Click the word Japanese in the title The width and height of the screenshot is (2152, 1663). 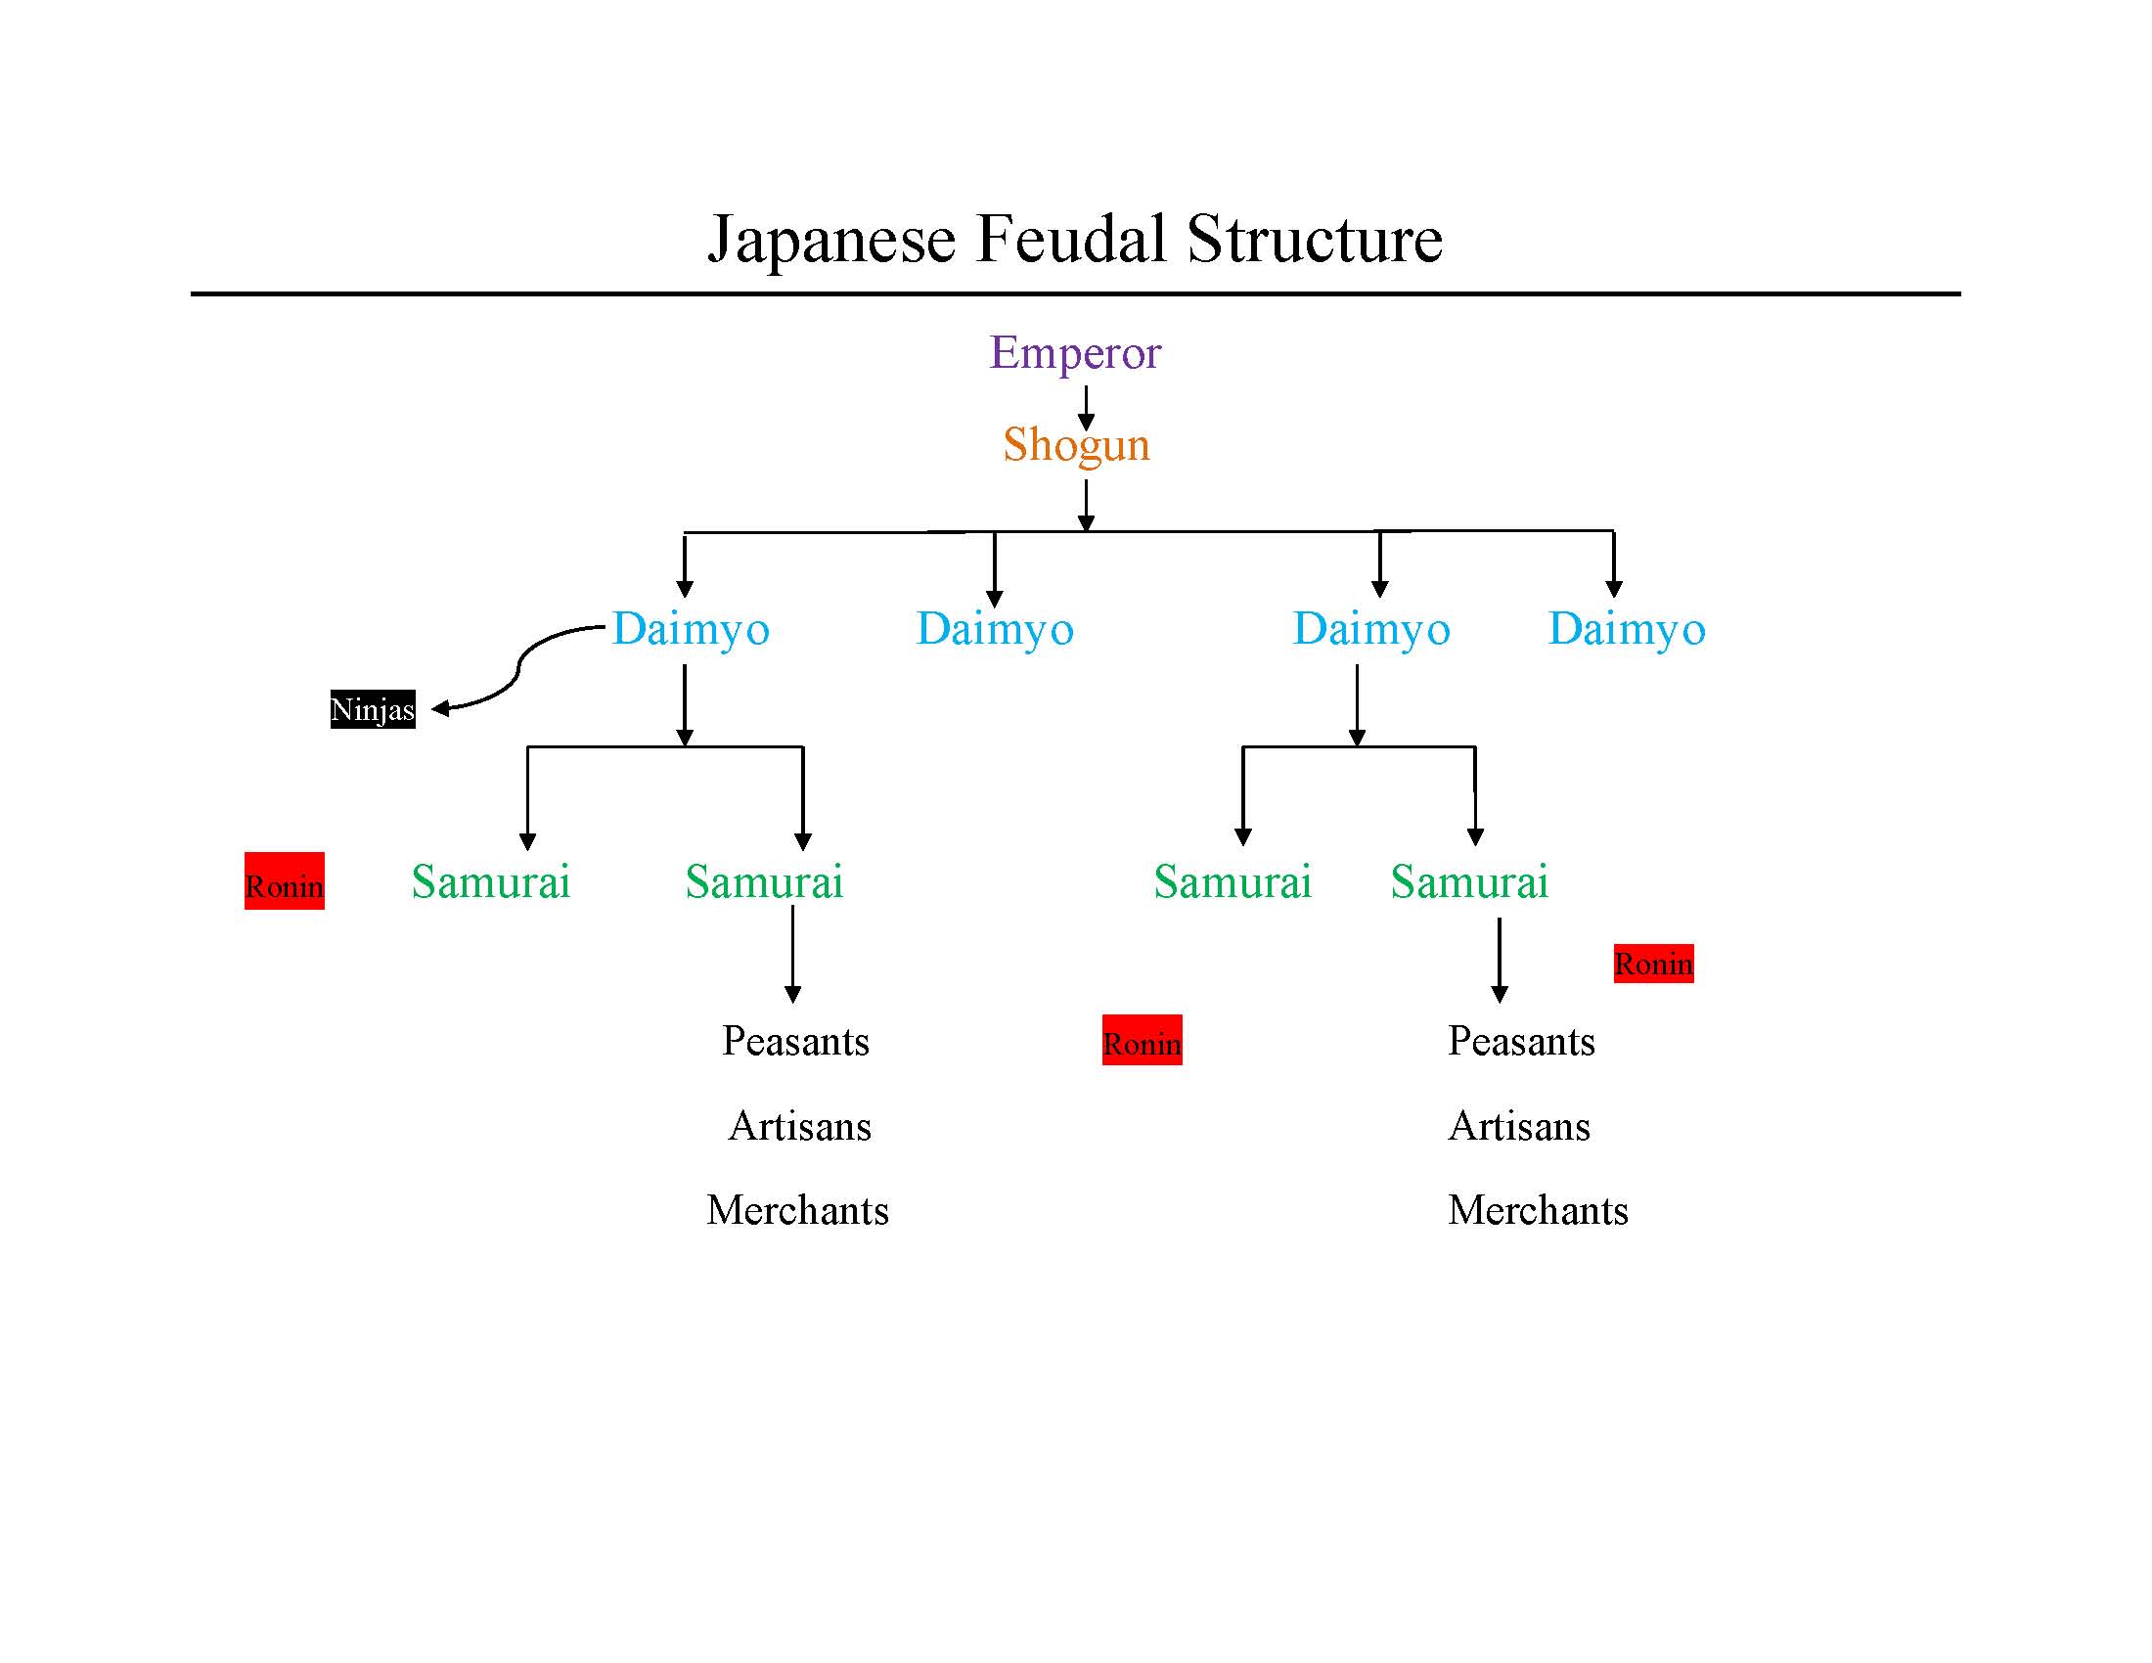[831, 240]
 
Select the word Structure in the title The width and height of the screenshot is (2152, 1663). [1315, 240]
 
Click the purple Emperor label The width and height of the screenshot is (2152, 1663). [1075, 353]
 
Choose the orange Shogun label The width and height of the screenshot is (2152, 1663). [1076, 444]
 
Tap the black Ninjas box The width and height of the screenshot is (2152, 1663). [373, 709]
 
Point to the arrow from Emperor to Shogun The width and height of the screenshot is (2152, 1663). [1086, 406]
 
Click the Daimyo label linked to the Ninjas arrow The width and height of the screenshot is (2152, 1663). [691, 629]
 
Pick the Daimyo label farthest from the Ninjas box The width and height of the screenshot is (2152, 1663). [1627, 629]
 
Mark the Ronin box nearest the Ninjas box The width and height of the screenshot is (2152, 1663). [284, 881]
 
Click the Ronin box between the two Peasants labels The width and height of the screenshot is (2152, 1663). [1142, 1041]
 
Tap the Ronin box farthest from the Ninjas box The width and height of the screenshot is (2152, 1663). [1653, 964]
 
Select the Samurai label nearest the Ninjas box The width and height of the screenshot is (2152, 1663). [491, 881]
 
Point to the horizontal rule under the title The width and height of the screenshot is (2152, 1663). [1075, 293]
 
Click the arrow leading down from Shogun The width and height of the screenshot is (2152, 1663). [1086, 505]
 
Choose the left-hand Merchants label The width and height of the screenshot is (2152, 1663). [797, 1210]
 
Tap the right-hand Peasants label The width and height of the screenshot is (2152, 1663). [1520, 1042]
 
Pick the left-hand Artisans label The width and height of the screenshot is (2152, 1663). [799, 1126]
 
